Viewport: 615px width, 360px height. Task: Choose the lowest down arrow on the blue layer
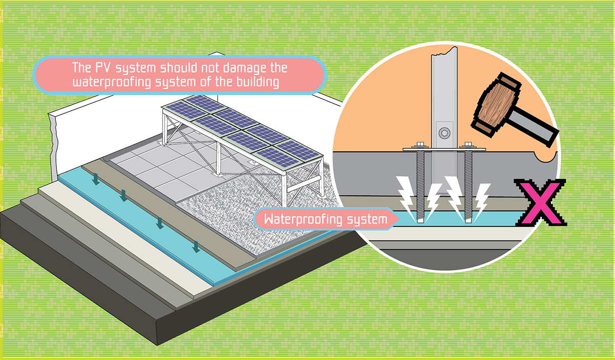(x=195, y=249)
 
